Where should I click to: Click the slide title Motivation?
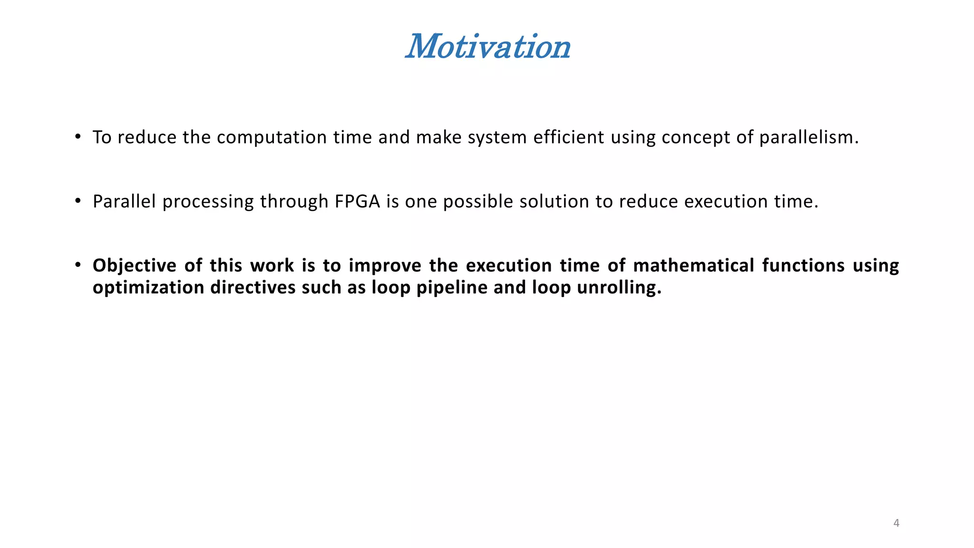488,47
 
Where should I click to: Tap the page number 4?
896,523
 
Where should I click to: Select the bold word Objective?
134,266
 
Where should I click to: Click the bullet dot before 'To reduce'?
78,137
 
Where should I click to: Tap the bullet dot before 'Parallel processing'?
78,201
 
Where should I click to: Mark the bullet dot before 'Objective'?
78,265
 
